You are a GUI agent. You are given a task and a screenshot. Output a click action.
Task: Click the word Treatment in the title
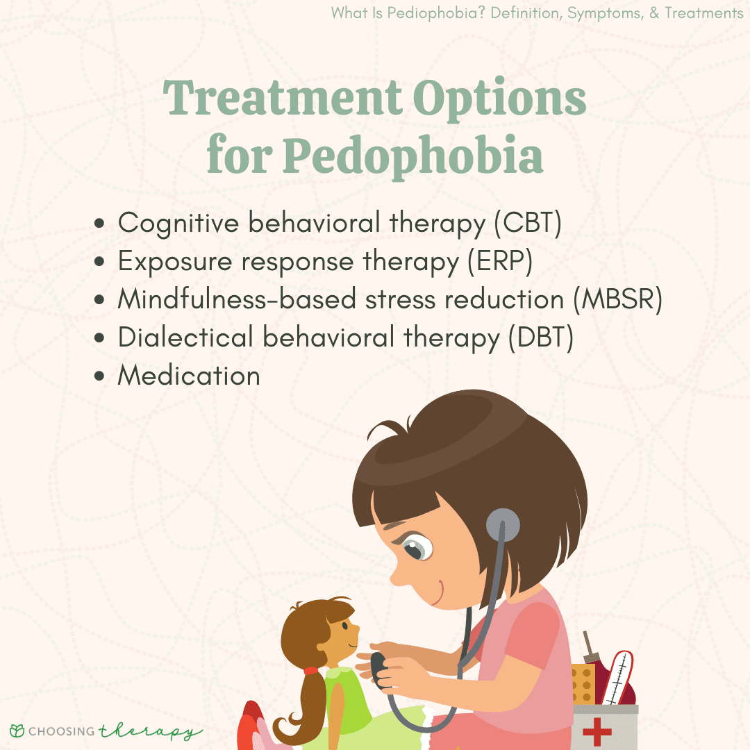click(283, 98)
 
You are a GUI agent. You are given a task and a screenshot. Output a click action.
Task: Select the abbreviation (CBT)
click(528, 224)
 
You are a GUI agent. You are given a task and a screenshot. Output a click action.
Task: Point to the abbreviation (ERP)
click(500, 262)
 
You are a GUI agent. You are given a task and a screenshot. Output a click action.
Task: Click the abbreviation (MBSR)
click(618, 300)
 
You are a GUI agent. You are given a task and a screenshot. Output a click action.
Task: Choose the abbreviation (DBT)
click(541, 337)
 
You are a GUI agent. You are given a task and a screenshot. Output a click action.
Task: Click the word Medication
click(189, 376)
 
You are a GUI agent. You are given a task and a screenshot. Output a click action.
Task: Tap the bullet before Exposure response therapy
click(99, 262)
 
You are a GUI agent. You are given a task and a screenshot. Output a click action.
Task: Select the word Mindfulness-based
click(237, 299)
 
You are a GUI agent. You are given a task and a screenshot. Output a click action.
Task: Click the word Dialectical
click(185, 337)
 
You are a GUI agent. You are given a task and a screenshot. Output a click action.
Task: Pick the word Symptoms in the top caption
click(605, 13)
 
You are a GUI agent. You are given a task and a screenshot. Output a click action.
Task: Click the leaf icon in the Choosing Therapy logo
click(17, 731)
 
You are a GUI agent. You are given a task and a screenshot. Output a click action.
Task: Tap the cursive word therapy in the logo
click(151, 731)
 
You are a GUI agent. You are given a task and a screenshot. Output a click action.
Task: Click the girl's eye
click(416, 548)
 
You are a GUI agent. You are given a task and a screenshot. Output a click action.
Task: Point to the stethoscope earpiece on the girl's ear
click(503, 525)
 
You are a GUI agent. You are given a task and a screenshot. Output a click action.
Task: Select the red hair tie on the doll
click(310, 671)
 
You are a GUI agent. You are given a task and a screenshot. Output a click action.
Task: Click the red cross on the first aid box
click(597, 731)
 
